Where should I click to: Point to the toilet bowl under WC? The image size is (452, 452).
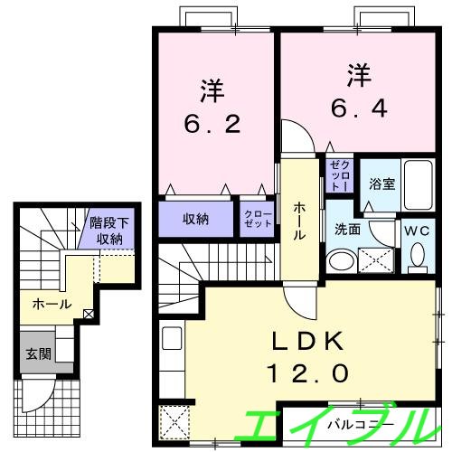point(419,259)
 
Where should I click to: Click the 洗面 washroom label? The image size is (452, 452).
point(347,230)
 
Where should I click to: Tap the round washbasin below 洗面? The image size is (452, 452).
point(341,262)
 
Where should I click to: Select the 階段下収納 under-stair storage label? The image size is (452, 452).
point(109,231)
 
